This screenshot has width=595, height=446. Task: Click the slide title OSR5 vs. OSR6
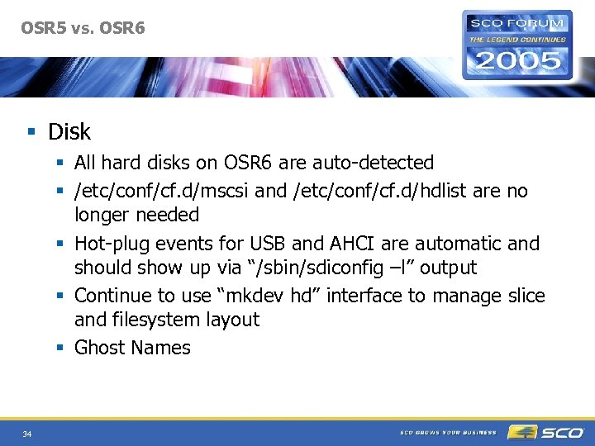coord(83,28)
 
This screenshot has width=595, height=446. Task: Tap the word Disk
coord(69,131)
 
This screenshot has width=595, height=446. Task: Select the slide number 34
coord(27,434)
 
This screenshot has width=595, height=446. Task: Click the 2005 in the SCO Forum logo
coord(517,59)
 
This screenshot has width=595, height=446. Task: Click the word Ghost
coord(98,348)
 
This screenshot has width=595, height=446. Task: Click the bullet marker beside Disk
coord(31,132)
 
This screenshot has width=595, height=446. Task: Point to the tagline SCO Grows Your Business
coord(448,432)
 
